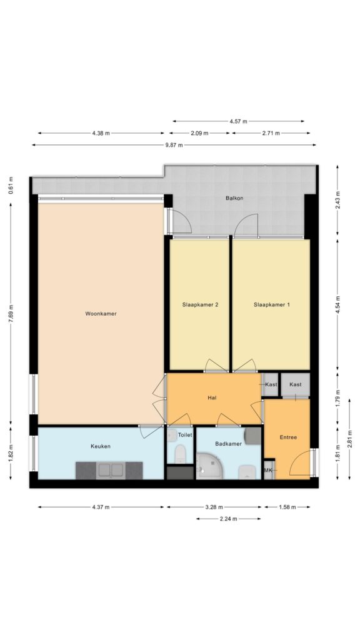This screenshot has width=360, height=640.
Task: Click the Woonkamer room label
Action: [x=101, y=314]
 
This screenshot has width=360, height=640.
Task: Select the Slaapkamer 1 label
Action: [x=271, y=304]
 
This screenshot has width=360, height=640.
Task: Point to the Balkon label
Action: [x=234, y=198]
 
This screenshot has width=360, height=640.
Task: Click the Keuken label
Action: [x=101, y=446]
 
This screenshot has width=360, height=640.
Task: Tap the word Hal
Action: [x=212, y=398]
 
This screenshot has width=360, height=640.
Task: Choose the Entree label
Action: [x=288, y=437]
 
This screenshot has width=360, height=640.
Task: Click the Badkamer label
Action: [x=229, y=443]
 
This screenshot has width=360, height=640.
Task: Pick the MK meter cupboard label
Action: [x=268, y=470]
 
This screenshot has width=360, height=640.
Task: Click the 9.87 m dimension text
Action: [x=174, y=145]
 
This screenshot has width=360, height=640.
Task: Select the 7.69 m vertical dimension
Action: [x=11, y=314]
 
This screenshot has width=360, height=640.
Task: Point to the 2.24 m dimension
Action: [x=228, y=519]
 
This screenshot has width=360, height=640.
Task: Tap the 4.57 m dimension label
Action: [x=238, y=121]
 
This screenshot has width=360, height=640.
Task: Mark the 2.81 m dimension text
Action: [x=350, y=439]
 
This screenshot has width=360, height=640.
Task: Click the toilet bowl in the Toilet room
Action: [x=179, y=455]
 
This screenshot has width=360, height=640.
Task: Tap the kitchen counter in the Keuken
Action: [x=109, y=471]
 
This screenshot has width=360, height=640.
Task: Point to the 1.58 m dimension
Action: [x=287, y=507]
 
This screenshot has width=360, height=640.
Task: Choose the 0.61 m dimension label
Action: [x=11, y=185]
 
